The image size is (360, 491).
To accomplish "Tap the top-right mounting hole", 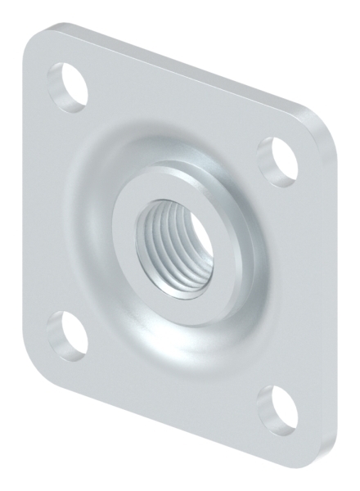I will pos(277,155).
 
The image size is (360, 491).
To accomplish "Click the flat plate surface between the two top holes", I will pos(172,106).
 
